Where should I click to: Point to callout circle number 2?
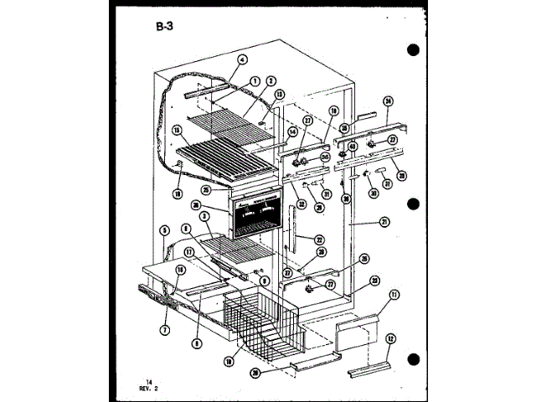click(271, 81)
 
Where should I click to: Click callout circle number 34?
click(388, 102)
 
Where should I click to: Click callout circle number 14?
click(293, 131)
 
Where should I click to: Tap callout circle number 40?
click(353, 147)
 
